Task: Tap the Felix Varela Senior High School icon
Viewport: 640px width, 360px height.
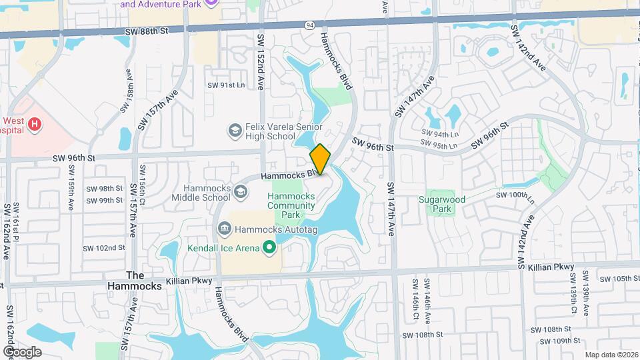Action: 234,130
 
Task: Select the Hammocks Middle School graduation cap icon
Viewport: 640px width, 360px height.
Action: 240,192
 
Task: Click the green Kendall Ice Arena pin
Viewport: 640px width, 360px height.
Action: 269,249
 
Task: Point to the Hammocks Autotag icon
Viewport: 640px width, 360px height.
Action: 224,229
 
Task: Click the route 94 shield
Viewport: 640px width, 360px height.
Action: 309,25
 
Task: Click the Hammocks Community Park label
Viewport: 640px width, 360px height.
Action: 291,206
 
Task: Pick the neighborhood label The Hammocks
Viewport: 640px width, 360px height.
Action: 135,281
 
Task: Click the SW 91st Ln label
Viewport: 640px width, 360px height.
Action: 226,85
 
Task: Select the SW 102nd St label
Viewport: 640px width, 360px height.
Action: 104,247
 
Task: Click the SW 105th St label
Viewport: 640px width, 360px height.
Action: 617,279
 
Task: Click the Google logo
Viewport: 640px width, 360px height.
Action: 22,351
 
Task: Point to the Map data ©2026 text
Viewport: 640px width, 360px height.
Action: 611,355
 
